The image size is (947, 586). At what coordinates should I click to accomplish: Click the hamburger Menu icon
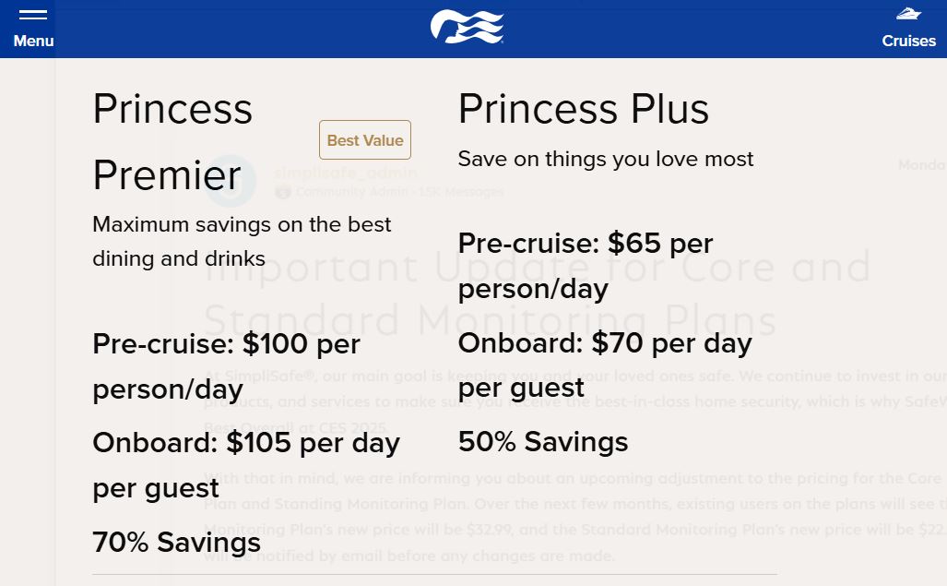tap(32, 15)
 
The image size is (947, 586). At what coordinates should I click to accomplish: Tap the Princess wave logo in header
tap(468, 27)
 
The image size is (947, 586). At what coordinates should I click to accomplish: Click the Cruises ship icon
tap(908, 14)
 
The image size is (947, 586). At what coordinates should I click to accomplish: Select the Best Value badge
tap(365, 140)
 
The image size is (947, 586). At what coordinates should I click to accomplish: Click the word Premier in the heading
tap(167, 174)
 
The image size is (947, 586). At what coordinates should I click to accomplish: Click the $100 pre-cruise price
tap(276, 344)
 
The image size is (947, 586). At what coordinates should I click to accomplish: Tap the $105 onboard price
tap(260, 443)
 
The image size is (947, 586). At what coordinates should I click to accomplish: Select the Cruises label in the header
tap(908, 41)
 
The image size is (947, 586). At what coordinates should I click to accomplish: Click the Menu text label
tap(33, 41)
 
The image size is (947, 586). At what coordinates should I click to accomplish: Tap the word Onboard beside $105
tap(153, 443)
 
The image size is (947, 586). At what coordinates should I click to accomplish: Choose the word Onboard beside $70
tap(519, 343)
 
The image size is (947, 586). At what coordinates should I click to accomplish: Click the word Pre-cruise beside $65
tap(528, 244)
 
